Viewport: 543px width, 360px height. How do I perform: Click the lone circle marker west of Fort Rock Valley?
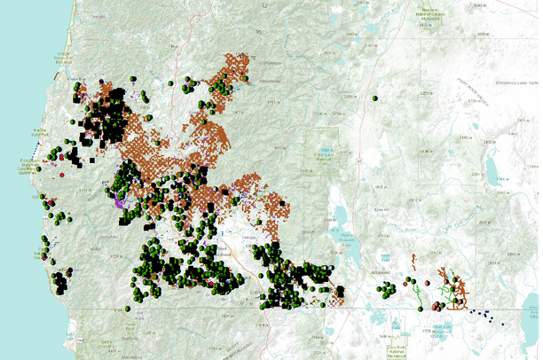pyautogui.click(x=376, y=98)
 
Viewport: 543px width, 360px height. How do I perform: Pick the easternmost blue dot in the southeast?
pyautogui.click(x=502, y=324)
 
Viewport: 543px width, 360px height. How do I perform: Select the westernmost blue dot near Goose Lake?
pyautogui.click(x=471, y=309)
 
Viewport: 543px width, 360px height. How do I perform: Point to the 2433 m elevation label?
pyautogui.click(x=429, y=25)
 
